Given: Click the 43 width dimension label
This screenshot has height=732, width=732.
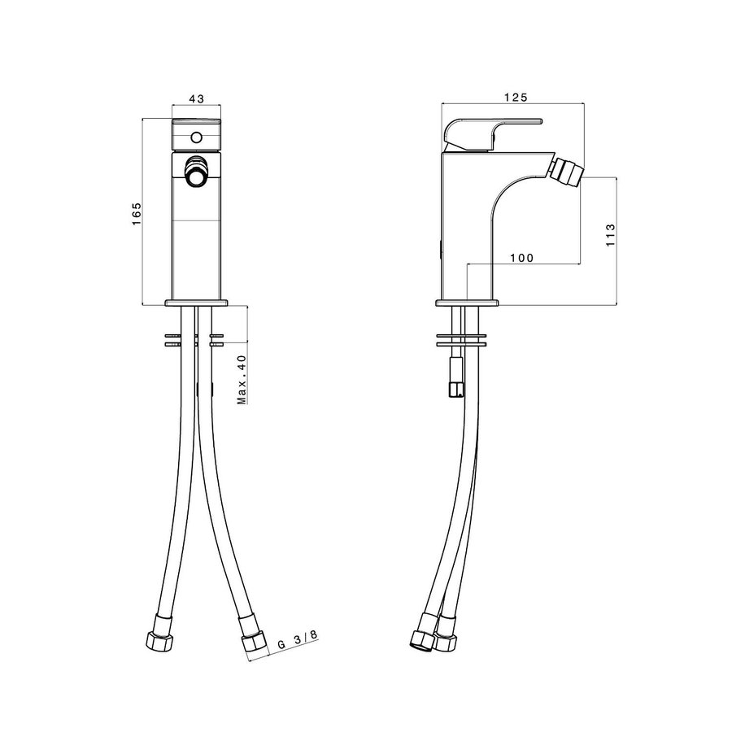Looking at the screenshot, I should [x=196, y=98].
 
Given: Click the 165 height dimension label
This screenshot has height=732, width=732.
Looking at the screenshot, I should [x=137, y=213].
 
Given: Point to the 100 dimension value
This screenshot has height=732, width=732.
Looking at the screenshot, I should [x=521, y=258].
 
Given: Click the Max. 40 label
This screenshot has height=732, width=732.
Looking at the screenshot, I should [x=242, y=379].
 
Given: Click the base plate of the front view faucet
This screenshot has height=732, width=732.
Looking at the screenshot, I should [x=196, y=303].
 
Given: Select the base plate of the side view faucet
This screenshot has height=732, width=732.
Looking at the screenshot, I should [x=467, y=303].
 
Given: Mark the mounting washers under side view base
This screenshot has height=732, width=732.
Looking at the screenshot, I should [x=461, y=339].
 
